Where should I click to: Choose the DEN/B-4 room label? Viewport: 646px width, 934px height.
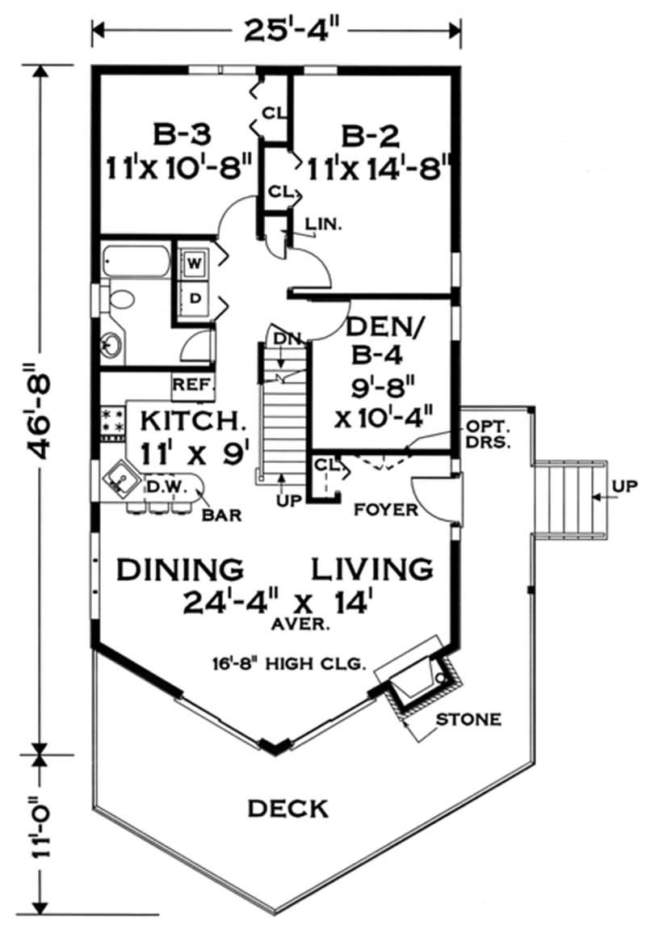386,339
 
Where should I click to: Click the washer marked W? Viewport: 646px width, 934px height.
194,263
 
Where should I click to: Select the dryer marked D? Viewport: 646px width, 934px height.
194,298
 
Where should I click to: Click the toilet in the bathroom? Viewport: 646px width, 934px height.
120,300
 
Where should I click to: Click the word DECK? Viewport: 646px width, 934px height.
287,807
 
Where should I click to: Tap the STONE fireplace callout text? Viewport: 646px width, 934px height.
468,718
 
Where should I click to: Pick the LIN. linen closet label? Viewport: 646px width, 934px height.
324,226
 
